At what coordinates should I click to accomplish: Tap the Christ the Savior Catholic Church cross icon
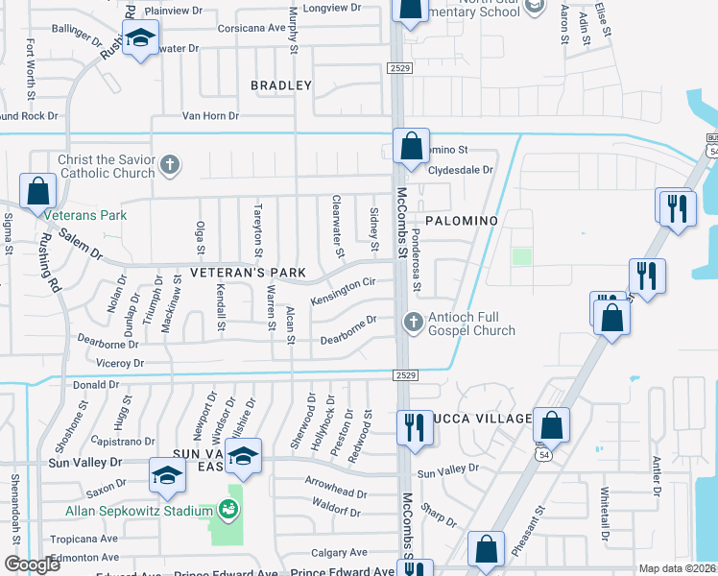pyautogui.click(x=170, y=163)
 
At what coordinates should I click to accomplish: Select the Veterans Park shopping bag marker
pyautogui.click(x=38, y=191)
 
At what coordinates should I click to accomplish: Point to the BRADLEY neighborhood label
pyautogui.click(x=281, y=85)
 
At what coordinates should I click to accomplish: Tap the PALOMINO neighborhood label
pyautogui.click(x=462, y=221)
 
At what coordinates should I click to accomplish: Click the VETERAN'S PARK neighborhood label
pyautogui.click(x=248, y=273)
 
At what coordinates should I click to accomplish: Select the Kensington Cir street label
pyautogui.click(x=343, y=292)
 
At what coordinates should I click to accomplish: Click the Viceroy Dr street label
pyautogui.click(x=120, y=364)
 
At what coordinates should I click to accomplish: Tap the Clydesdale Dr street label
pyautogui.click(x=460, y=169)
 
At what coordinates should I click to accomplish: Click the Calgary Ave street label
pyautogui.click(x=339, y=552)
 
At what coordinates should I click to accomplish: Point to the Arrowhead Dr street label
pyautogui.click(x=336, y=492)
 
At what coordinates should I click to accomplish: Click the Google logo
pyautogui.click(x=32, y=564)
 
